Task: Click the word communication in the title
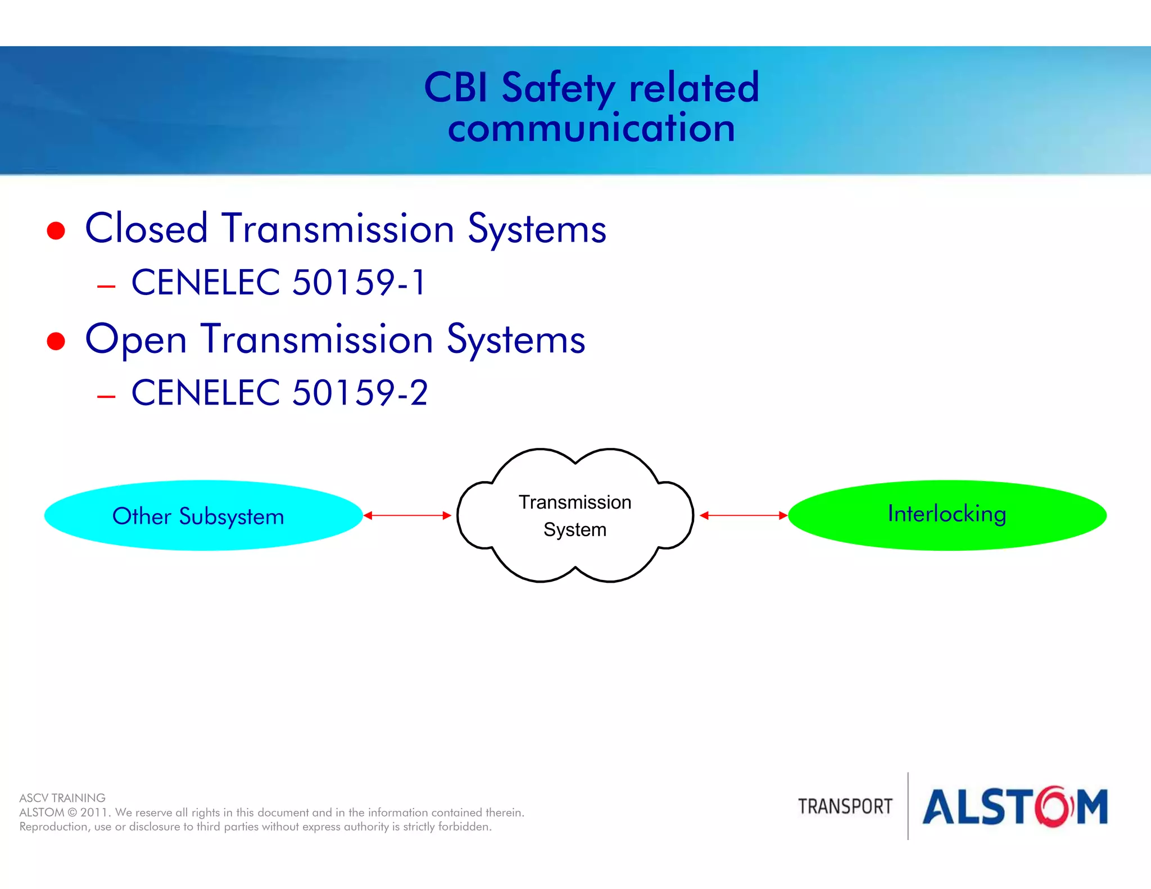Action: pyautogui.click(x=591, y=129)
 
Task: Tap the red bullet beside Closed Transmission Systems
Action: pyautogui.click(x=56, y=230)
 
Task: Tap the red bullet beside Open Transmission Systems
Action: pyautogui.click(x=56, y=341)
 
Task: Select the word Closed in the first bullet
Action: pyautogui.click(x=146, y=229)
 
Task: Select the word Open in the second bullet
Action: pyautogui.click(x=135, y=341)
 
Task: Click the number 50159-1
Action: pyautogui.click(x=359, y=282)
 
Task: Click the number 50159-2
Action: pyautogui.click(x=360, y=393)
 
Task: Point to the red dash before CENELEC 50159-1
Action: pyautogui.click(x=106, y=287)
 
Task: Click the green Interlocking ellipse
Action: pyautogui.click(x=947, y=515)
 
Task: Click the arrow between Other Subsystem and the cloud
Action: pyautogui.click(x=407, y=515)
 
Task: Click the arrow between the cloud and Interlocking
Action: pyautogui.click(x=743, y=515)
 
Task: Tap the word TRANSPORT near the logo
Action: pyautogui.click(x=845, y=806)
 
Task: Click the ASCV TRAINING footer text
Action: pyautogui.click(x=62, y=798)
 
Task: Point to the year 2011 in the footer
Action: pyautogui.click(x=93, y=813)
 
